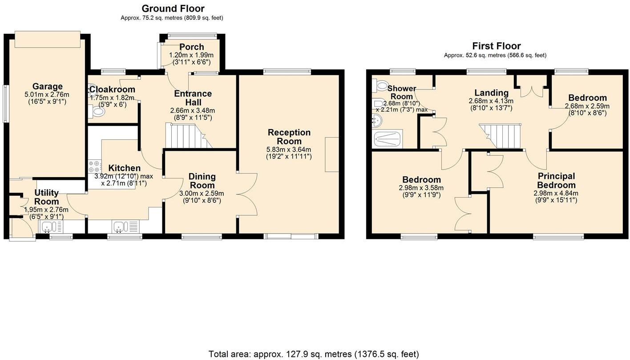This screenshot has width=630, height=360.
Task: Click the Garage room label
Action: pyautogui.click(x=47, y=86)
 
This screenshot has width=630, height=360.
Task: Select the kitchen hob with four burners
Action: pyautogui.click(x=94, y=167)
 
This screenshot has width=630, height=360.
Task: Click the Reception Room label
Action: pyautogui.click(x=289, y=137)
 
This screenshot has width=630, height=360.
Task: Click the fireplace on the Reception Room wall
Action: pyautogui.click(x=331, y=154)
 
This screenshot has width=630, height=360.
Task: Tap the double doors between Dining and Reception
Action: pyautogui.click(x=246, y=194)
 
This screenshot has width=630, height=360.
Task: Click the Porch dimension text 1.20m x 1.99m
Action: pyautogui.click(x=191, y=55)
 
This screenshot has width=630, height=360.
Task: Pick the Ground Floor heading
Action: pyautogui.click(x=173, y=8)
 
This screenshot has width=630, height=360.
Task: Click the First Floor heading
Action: pyautogui.click(x=496, y=46)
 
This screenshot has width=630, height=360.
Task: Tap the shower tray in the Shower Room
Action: pyautogui.click(x=388, y=139)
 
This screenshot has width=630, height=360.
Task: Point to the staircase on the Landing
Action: pyautogui.click(x=501, y=136)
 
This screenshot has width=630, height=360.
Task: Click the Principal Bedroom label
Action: pyautogui.click(x=556, y=181)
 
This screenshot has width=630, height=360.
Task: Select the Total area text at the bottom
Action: pyautogui.click(x=314, y=354)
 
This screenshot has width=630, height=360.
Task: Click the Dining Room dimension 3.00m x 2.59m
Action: pyautogui.click(x=202, y=194)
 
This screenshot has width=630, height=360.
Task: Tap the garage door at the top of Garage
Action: pyautogui.click(x=47, y=39)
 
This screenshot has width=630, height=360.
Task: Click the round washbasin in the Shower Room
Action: pyautogui.click(x=378, y=120)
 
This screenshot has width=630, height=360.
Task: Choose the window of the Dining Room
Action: pyautogui.click(x=202, y=237)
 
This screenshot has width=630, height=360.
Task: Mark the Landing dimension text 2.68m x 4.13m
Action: pyautogui.click(x=491, y=101)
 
